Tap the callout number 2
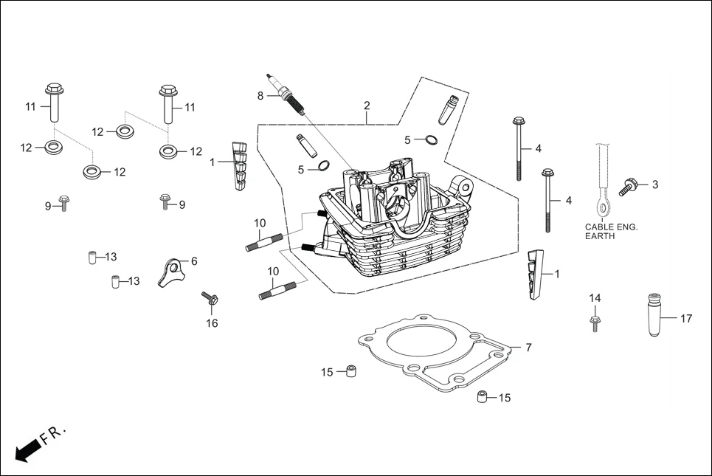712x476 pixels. coord(367,106)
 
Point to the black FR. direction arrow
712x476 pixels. coord(28,449)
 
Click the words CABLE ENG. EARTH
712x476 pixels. coord(611,232)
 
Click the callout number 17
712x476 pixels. coord(686,319)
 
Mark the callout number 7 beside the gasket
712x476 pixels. coord(528,347)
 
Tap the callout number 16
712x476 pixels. coord(212,323)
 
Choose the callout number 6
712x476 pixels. coord(194,261)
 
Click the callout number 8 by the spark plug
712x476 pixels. coord(260,96)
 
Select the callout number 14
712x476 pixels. coord(595,297)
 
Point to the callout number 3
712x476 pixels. coord(654,184)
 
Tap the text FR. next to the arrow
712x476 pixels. coord(54,435)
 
